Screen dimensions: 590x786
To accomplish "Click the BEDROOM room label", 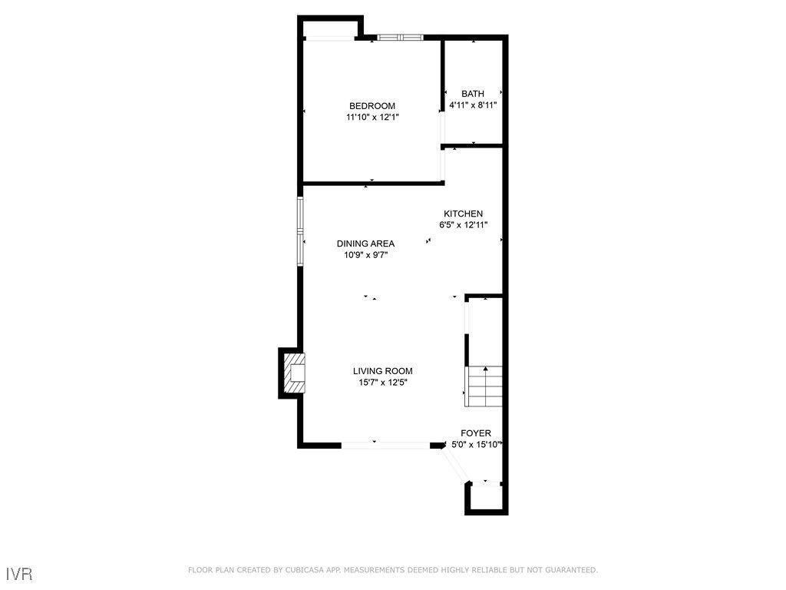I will coord(372,106).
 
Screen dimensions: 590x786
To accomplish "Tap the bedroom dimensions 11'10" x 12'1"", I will coord(372,118).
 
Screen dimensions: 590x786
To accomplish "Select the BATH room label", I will coord(473,94).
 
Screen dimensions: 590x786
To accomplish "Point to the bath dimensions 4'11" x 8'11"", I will coord(473,105).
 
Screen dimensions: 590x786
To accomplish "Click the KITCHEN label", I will coord(463,214).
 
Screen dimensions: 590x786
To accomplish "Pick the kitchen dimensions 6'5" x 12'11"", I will coord(463,225).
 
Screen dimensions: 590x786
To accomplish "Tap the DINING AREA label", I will coord(365,244).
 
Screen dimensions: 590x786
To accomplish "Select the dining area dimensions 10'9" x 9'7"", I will coord(365,255).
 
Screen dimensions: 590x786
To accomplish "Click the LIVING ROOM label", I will coord(382,371).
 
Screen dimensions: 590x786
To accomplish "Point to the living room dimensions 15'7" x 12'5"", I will coord(382,383).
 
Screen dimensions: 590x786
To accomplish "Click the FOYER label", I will coord(475,433).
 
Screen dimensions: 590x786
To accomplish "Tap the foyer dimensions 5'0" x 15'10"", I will coord(476,445).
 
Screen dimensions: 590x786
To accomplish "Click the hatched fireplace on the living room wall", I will coord(294,373).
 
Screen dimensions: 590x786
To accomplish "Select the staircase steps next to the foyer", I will coord(484,386).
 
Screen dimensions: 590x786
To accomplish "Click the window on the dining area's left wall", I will coord(301,230).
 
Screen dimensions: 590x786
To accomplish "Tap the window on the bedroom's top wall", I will coord(399,36).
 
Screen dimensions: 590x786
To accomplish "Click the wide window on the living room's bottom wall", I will coord(385,445).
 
